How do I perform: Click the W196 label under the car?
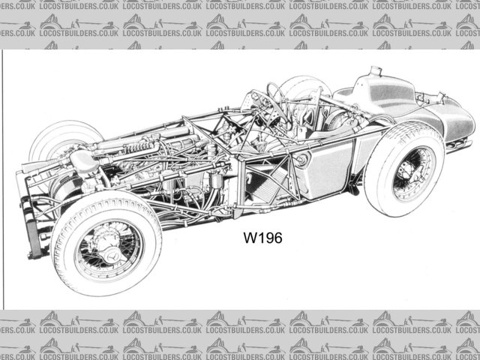262,239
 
